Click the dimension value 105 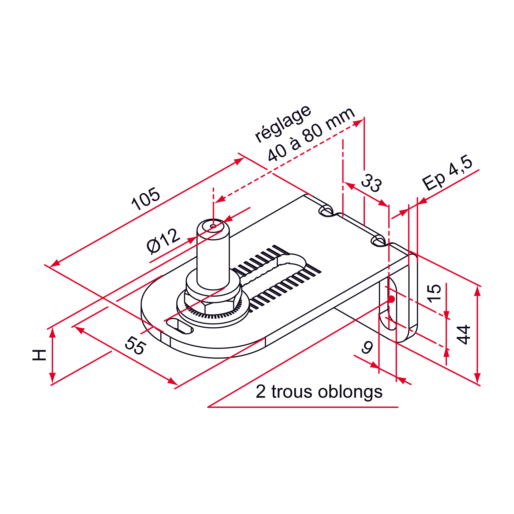click(146, 199)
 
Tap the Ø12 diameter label click(163, 241)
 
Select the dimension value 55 click(135, 345)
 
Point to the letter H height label click(40, 355)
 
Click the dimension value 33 click(371, 183)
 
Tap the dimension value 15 click(434, 293)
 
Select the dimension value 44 click(463, 335)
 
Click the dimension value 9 click(367, 348)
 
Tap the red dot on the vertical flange click(391, 299)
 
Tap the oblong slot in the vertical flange click(388, 304)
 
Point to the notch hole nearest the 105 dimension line click(326, 211)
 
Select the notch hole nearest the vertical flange click(378, 241)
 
